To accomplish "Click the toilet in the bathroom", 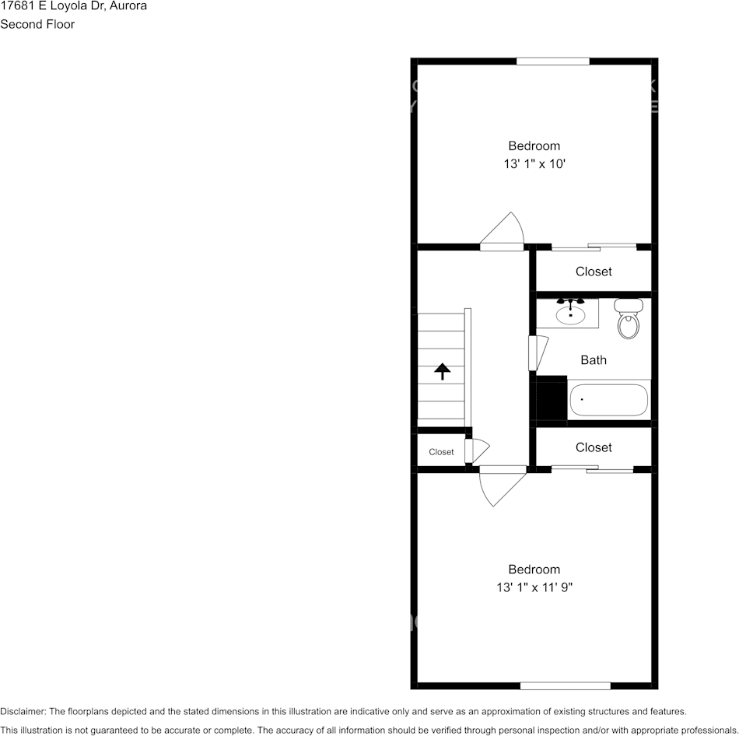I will tap(629, 320).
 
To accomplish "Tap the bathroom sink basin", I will tap(572, 314).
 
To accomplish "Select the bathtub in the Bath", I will tap(608, 401).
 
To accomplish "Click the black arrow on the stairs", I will tap(442, 371).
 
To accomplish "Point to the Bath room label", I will tap(594, 360).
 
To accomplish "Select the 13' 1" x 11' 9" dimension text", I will tap(534, 588).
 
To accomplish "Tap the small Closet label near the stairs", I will tap(441, 452).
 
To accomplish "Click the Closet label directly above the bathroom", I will tap(594, 272).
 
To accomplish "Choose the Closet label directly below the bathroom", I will tap(594, 447).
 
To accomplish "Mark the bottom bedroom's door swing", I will tap(501, 485).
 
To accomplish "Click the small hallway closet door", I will tap(476, 450).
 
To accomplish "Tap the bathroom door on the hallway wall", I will tap(536, 352).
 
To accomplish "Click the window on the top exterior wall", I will tap(553, 61).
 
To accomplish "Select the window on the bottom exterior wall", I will tap(565, 685).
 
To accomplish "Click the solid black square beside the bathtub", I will tap(553, 398).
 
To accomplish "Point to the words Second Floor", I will tap(37, 24).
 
